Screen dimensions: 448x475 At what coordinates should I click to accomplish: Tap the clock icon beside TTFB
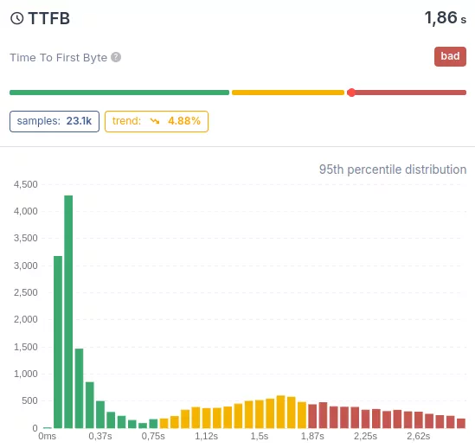pyautogui.click(x=16, y=17)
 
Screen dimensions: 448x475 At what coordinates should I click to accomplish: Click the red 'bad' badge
pyautogui.click(x=450, y=57)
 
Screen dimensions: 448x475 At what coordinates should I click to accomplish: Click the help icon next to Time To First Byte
pyautogui.click(x=116, y=57)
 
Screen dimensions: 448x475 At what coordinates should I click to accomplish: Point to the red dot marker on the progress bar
pyautogui.click(x=350, y=93)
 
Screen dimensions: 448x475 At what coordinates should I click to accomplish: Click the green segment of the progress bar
pyautogui.click(x=119, y=93)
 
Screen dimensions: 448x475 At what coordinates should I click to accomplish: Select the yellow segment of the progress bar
pyautogui.click(x=287, y=93)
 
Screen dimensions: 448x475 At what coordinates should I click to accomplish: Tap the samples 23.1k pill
pyautogui.click(x=54, y=121)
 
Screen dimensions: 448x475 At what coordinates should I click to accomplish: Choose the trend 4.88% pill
pyautogui.click(x=157, y=121)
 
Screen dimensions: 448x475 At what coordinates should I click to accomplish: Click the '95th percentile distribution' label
pyautogui.click(x=393, y=170)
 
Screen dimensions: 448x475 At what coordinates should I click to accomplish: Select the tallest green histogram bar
pyautogui.click(x=68, y=311)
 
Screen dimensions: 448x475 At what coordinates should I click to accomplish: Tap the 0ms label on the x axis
pyautogui.click(x=48, y=437)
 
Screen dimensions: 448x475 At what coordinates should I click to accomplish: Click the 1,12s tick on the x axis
pyautogui.click(x=206, y=437)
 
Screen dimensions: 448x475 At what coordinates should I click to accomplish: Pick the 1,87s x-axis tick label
pyautogui.click(x=312, y=437)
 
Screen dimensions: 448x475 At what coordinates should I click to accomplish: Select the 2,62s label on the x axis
pyautogui.click(x=419, y=437)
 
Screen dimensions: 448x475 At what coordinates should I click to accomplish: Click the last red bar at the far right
pyautogui.click(x=461, y=424)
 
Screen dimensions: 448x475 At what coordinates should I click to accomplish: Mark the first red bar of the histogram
pyautogui.click(x=312, y=417)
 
